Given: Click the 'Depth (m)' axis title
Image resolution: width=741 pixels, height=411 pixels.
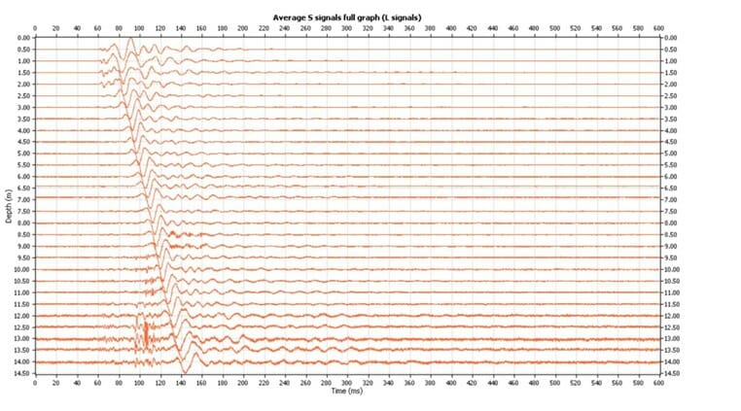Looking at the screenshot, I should pyautogui.click(x=9, y=205).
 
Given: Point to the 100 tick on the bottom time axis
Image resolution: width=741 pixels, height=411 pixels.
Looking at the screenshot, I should pyautogui.click(x=139, y=382).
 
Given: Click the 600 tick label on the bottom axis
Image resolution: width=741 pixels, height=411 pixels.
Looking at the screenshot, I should pyautogui.click(x=658, y=382).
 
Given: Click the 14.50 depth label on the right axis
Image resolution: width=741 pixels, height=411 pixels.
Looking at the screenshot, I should pyautogui.click(x=671, y=373).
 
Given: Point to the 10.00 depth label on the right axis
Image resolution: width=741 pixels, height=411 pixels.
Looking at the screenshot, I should pyautogui.click(x=671, y=269).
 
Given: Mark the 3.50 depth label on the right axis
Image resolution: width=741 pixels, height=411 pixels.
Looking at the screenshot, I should pyautogui.click(x=671, y=119).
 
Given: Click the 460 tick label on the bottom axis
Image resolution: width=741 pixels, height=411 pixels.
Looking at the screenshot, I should pyautogui.click(x=512, y=382).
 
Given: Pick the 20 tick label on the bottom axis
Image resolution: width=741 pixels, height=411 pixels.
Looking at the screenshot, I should pyautogui.click(x=55, y=382).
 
